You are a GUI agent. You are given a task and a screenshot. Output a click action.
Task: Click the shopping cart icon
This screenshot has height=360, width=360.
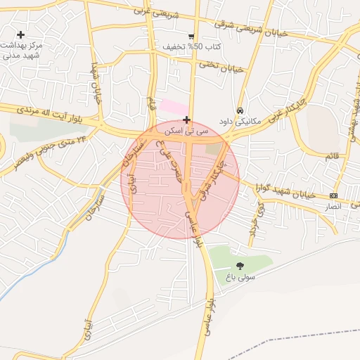click(191, 37)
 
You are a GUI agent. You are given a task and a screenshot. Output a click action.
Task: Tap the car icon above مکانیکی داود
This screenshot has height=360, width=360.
click(240, 110)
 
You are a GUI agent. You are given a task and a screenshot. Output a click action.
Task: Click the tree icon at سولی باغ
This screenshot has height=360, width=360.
click(240, 266)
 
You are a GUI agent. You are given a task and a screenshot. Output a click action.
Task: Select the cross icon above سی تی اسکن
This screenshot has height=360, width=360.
click(186, 120)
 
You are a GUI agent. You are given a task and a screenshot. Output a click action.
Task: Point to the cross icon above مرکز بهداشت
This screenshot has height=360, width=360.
click(21, 34)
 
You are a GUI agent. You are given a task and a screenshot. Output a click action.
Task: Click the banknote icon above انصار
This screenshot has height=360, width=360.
click(333, 195)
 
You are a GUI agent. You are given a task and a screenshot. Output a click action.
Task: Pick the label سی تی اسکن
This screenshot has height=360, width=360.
click(186, 131)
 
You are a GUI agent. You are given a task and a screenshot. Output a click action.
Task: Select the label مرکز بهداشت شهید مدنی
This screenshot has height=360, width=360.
click(24, 50)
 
